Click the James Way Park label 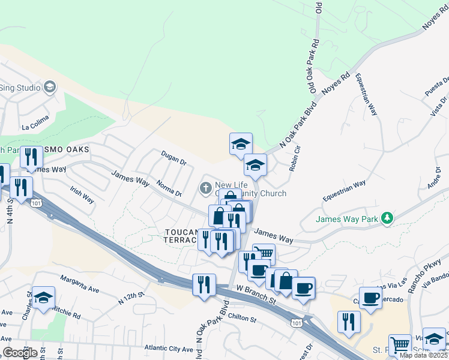coord(348,220)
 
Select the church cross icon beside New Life coord(205,188)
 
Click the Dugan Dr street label coord(174,158)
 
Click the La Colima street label coord(34,127)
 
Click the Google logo coord(20,353)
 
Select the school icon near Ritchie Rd coord(43,298)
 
